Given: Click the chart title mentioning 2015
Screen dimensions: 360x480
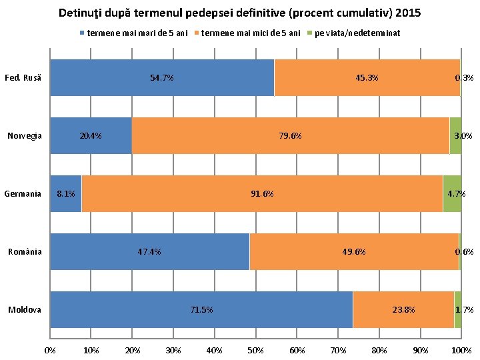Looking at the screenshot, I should tap(239, 13).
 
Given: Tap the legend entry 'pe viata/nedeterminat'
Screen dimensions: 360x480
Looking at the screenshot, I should tap(357, 33).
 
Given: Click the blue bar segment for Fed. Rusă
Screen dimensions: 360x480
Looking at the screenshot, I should tap(162, 77).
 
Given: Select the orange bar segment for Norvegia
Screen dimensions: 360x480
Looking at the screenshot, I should tap(290, 135).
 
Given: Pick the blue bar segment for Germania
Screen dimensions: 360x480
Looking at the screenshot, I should tap(66, 194).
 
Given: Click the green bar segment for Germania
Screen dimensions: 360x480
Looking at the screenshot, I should tap(452, 194).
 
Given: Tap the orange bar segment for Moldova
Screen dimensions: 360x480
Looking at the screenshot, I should tap(403, 310).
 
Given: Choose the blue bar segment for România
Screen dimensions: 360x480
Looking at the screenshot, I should tap(149, 252).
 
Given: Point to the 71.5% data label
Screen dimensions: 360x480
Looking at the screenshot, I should tap(201, 310).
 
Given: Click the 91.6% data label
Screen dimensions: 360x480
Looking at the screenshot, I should tap(262, 194).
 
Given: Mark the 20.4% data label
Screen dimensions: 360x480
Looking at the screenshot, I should tap(91, 136).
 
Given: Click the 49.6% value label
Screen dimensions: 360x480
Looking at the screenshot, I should tap(353, 252).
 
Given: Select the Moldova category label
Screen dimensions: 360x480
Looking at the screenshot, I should tap(25, 310).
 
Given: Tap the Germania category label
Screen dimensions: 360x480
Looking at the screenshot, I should tap(23, 194).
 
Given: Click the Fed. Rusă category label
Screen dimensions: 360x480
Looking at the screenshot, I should tap(23, 78).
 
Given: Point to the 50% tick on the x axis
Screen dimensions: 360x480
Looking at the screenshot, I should tap(256, 350).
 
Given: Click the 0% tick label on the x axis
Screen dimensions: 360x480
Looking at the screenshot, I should tap(50, 350).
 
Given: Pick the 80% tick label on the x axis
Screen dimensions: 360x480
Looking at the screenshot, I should tap(379, 350).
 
